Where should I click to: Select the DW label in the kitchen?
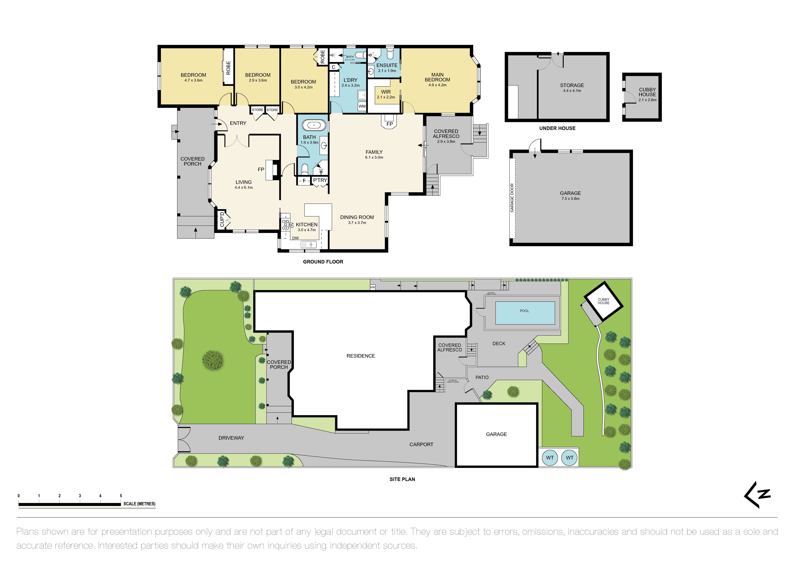coord(296,238)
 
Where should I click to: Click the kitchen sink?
coord(309,244)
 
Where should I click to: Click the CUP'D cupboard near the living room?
coord(222,219)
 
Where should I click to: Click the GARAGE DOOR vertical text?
coord(512,198)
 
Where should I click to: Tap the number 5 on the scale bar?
coord(121,496)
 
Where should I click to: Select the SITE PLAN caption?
coord(402,479)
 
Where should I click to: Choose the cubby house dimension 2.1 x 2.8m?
coord(647,100)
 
